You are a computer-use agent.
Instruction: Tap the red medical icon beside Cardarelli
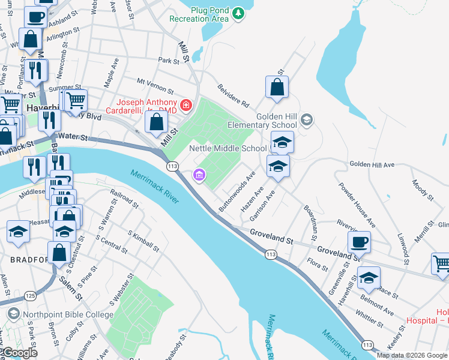click(186, 106)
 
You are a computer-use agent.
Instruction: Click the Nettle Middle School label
click(228, 148)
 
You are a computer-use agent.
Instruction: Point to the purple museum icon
click(198, 176)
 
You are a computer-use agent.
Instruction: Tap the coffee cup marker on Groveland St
click(359, 242)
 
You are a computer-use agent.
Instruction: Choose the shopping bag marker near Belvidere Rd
click(277, 88)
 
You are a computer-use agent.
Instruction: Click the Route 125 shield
click(31, 296)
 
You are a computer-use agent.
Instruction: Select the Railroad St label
click(125, 205)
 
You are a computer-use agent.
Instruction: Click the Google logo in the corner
click(19, 353)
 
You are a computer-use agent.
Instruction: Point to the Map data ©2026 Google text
click(412, 355)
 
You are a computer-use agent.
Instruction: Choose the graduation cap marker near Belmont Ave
click(369, 278)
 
